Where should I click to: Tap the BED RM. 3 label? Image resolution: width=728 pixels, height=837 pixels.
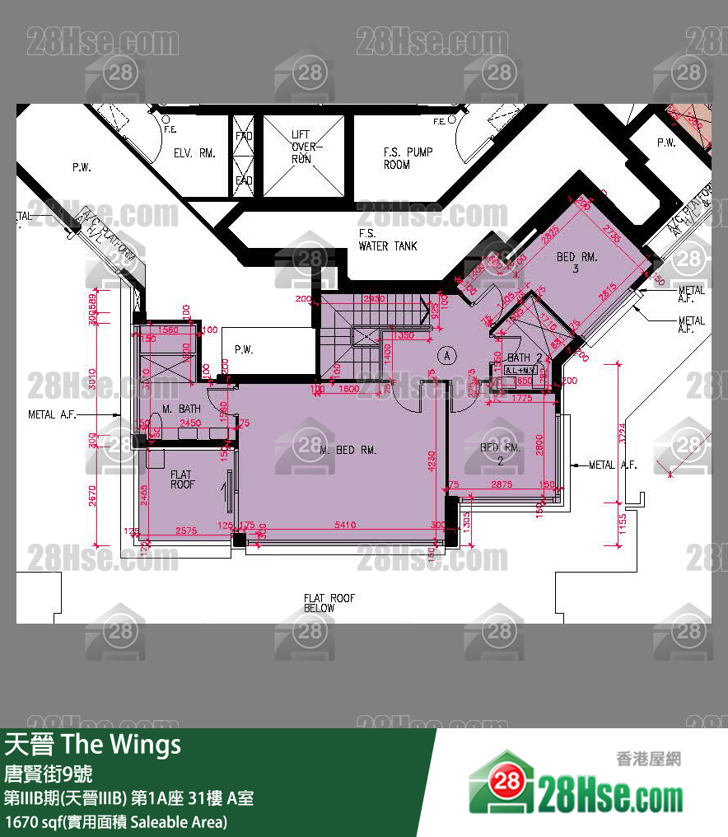pos(577,263)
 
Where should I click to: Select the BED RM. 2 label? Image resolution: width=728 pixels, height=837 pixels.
pos(501,453)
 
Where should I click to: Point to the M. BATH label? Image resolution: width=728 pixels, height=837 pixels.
pos(181,409)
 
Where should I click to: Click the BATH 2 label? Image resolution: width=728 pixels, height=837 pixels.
pos(525,358)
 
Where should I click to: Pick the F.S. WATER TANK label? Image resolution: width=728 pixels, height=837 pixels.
pos(387,240)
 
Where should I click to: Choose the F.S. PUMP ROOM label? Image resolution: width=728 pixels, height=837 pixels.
pos(408,158)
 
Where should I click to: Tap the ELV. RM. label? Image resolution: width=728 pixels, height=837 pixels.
pos(194,153)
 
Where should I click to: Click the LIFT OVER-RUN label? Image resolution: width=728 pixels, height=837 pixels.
pos(302,147)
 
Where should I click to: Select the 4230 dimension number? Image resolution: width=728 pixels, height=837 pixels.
pos(432,460)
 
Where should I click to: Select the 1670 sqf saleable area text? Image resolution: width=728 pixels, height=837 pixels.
pos(115,821)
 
